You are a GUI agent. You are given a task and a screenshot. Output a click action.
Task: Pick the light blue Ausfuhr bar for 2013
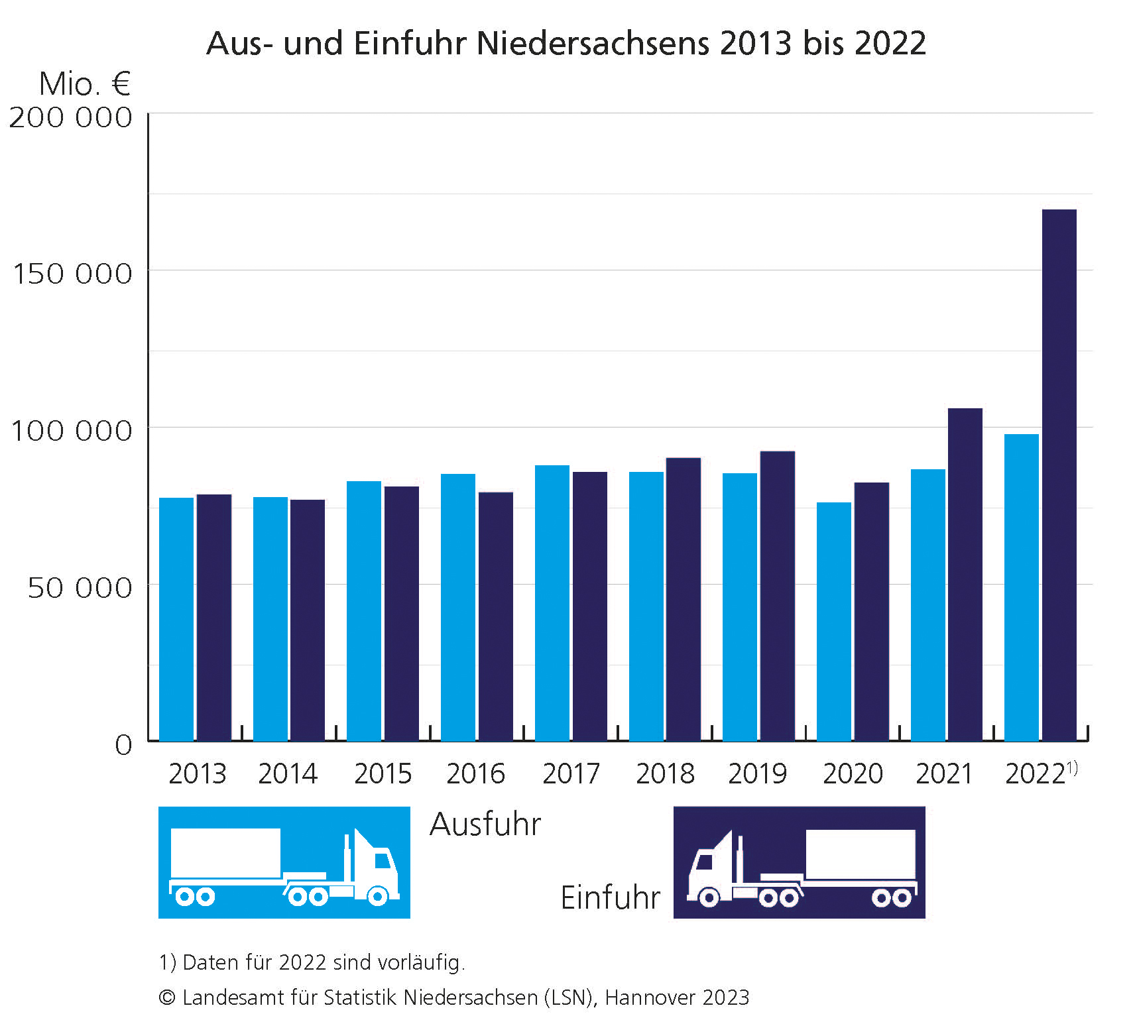click(x=176, y=619)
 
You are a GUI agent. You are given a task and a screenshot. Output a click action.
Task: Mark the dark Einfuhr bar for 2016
click(x=495, y=616)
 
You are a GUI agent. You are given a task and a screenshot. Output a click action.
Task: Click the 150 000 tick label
click(x=72, y=273)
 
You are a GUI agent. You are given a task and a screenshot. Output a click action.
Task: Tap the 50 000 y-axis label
click(x=80, y=587)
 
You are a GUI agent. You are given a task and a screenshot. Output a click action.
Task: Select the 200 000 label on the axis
click(x=70, y=117)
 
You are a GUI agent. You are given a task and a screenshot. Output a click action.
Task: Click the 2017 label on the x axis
click(x=571, y=773)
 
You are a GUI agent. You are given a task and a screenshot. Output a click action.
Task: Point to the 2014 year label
click(x=288, y=773)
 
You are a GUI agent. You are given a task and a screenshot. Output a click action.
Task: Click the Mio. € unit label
click(x=84, y=84)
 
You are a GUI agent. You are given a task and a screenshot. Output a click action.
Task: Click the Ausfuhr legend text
click(x=485, y=825)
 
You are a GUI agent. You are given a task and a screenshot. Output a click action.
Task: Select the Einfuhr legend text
click(x=610, y=897)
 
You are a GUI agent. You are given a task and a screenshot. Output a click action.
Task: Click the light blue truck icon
click(x=284, y=862)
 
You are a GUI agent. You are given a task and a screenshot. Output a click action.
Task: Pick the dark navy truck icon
click(x=799, y=862)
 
